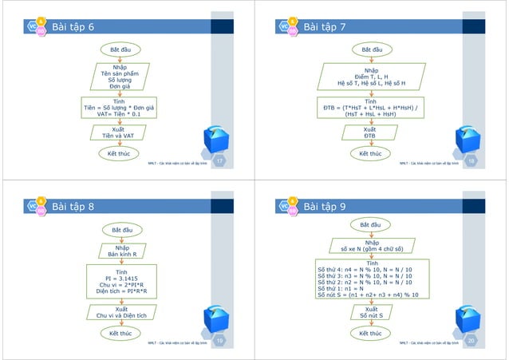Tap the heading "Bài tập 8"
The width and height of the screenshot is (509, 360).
(73, 207)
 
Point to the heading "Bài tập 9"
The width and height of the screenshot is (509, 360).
(324, 207)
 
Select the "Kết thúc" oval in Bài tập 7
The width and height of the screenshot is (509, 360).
(369, 153)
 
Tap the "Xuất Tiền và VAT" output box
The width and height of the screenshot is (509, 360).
(118, 132)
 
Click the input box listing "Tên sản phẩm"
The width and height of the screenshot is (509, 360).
(119, 77)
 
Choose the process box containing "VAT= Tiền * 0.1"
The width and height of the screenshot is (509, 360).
(119, 109)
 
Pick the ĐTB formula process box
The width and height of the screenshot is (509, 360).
(369, 109)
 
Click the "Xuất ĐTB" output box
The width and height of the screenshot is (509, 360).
(369, 132)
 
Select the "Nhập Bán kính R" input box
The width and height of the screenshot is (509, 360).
(121, 251)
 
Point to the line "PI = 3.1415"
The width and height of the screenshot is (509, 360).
(120, 279)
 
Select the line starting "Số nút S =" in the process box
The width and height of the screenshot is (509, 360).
(373, 295)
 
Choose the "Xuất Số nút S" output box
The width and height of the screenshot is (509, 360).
(371, 312)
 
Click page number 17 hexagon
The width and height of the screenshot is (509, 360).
(219, 162)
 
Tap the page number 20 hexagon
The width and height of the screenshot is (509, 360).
(470, 341)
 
